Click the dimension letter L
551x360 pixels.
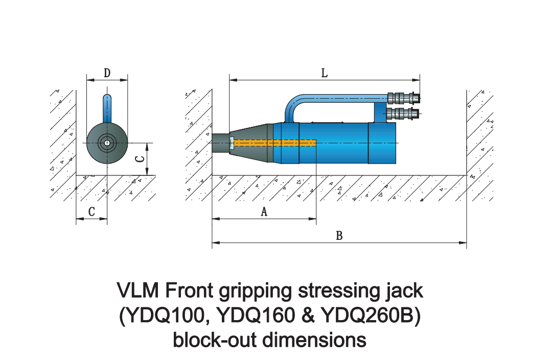[324, 73]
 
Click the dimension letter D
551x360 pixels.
[107, 73]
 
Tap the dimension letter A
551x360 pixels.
[264, 212]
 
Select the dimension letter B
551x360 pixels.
[338, 236]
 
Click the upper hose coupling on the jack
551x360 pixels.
[403, 97]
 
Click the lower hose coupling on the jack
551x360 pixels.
[403, 112]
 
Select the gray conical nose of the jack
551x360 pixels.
[250, 143]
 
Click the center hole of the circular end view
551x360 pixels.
[106, 143]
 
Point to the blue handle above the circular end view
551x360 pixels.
[106, 107]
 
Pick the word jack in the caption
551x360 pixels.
[404, 291]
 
